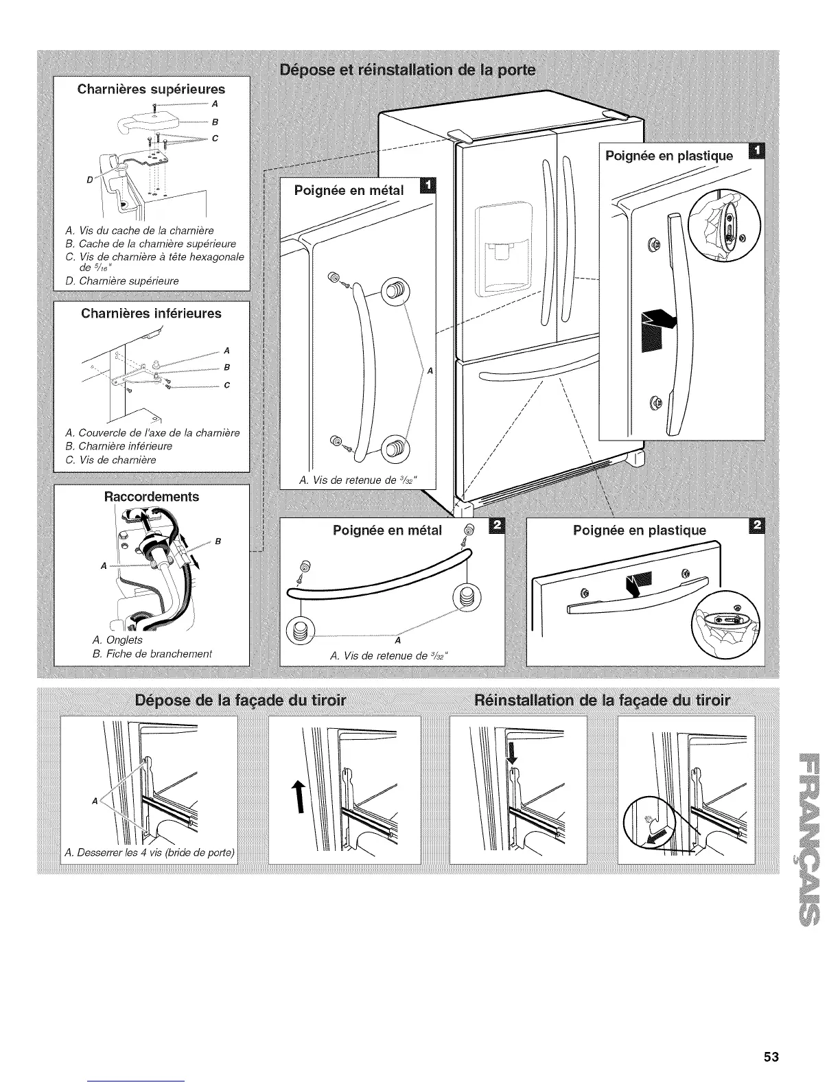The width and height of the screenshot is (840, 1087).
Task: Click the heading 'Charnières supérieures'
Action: (x=151, y=89)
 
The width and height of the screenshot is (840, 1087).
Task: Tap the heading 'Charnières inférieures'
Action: (x=151, y=314)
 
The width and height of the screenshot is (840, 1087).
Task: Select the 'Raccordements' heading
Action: (x=151, y=496)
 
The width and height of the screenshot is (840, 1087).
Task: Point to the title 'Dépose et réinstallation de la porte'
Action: (x=409, y=70)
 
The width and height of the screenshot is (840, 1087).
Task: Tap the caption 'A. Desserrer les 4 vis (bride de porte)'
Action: (x=150, y=854)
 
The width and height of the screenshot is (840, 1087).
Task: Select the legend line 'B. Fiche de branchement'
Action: (x=152, y=653)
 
